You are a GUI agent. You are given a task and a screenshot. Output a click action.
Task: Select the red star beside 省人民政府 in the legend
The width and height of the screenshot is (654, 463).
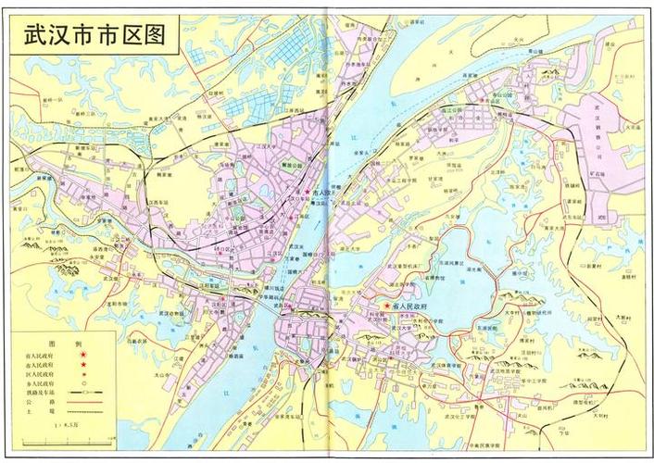click(82, 356)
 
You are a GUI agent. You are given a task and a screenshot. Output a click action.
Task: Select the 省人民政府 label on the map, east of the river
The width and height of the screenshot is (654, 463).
click(409, 305)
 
